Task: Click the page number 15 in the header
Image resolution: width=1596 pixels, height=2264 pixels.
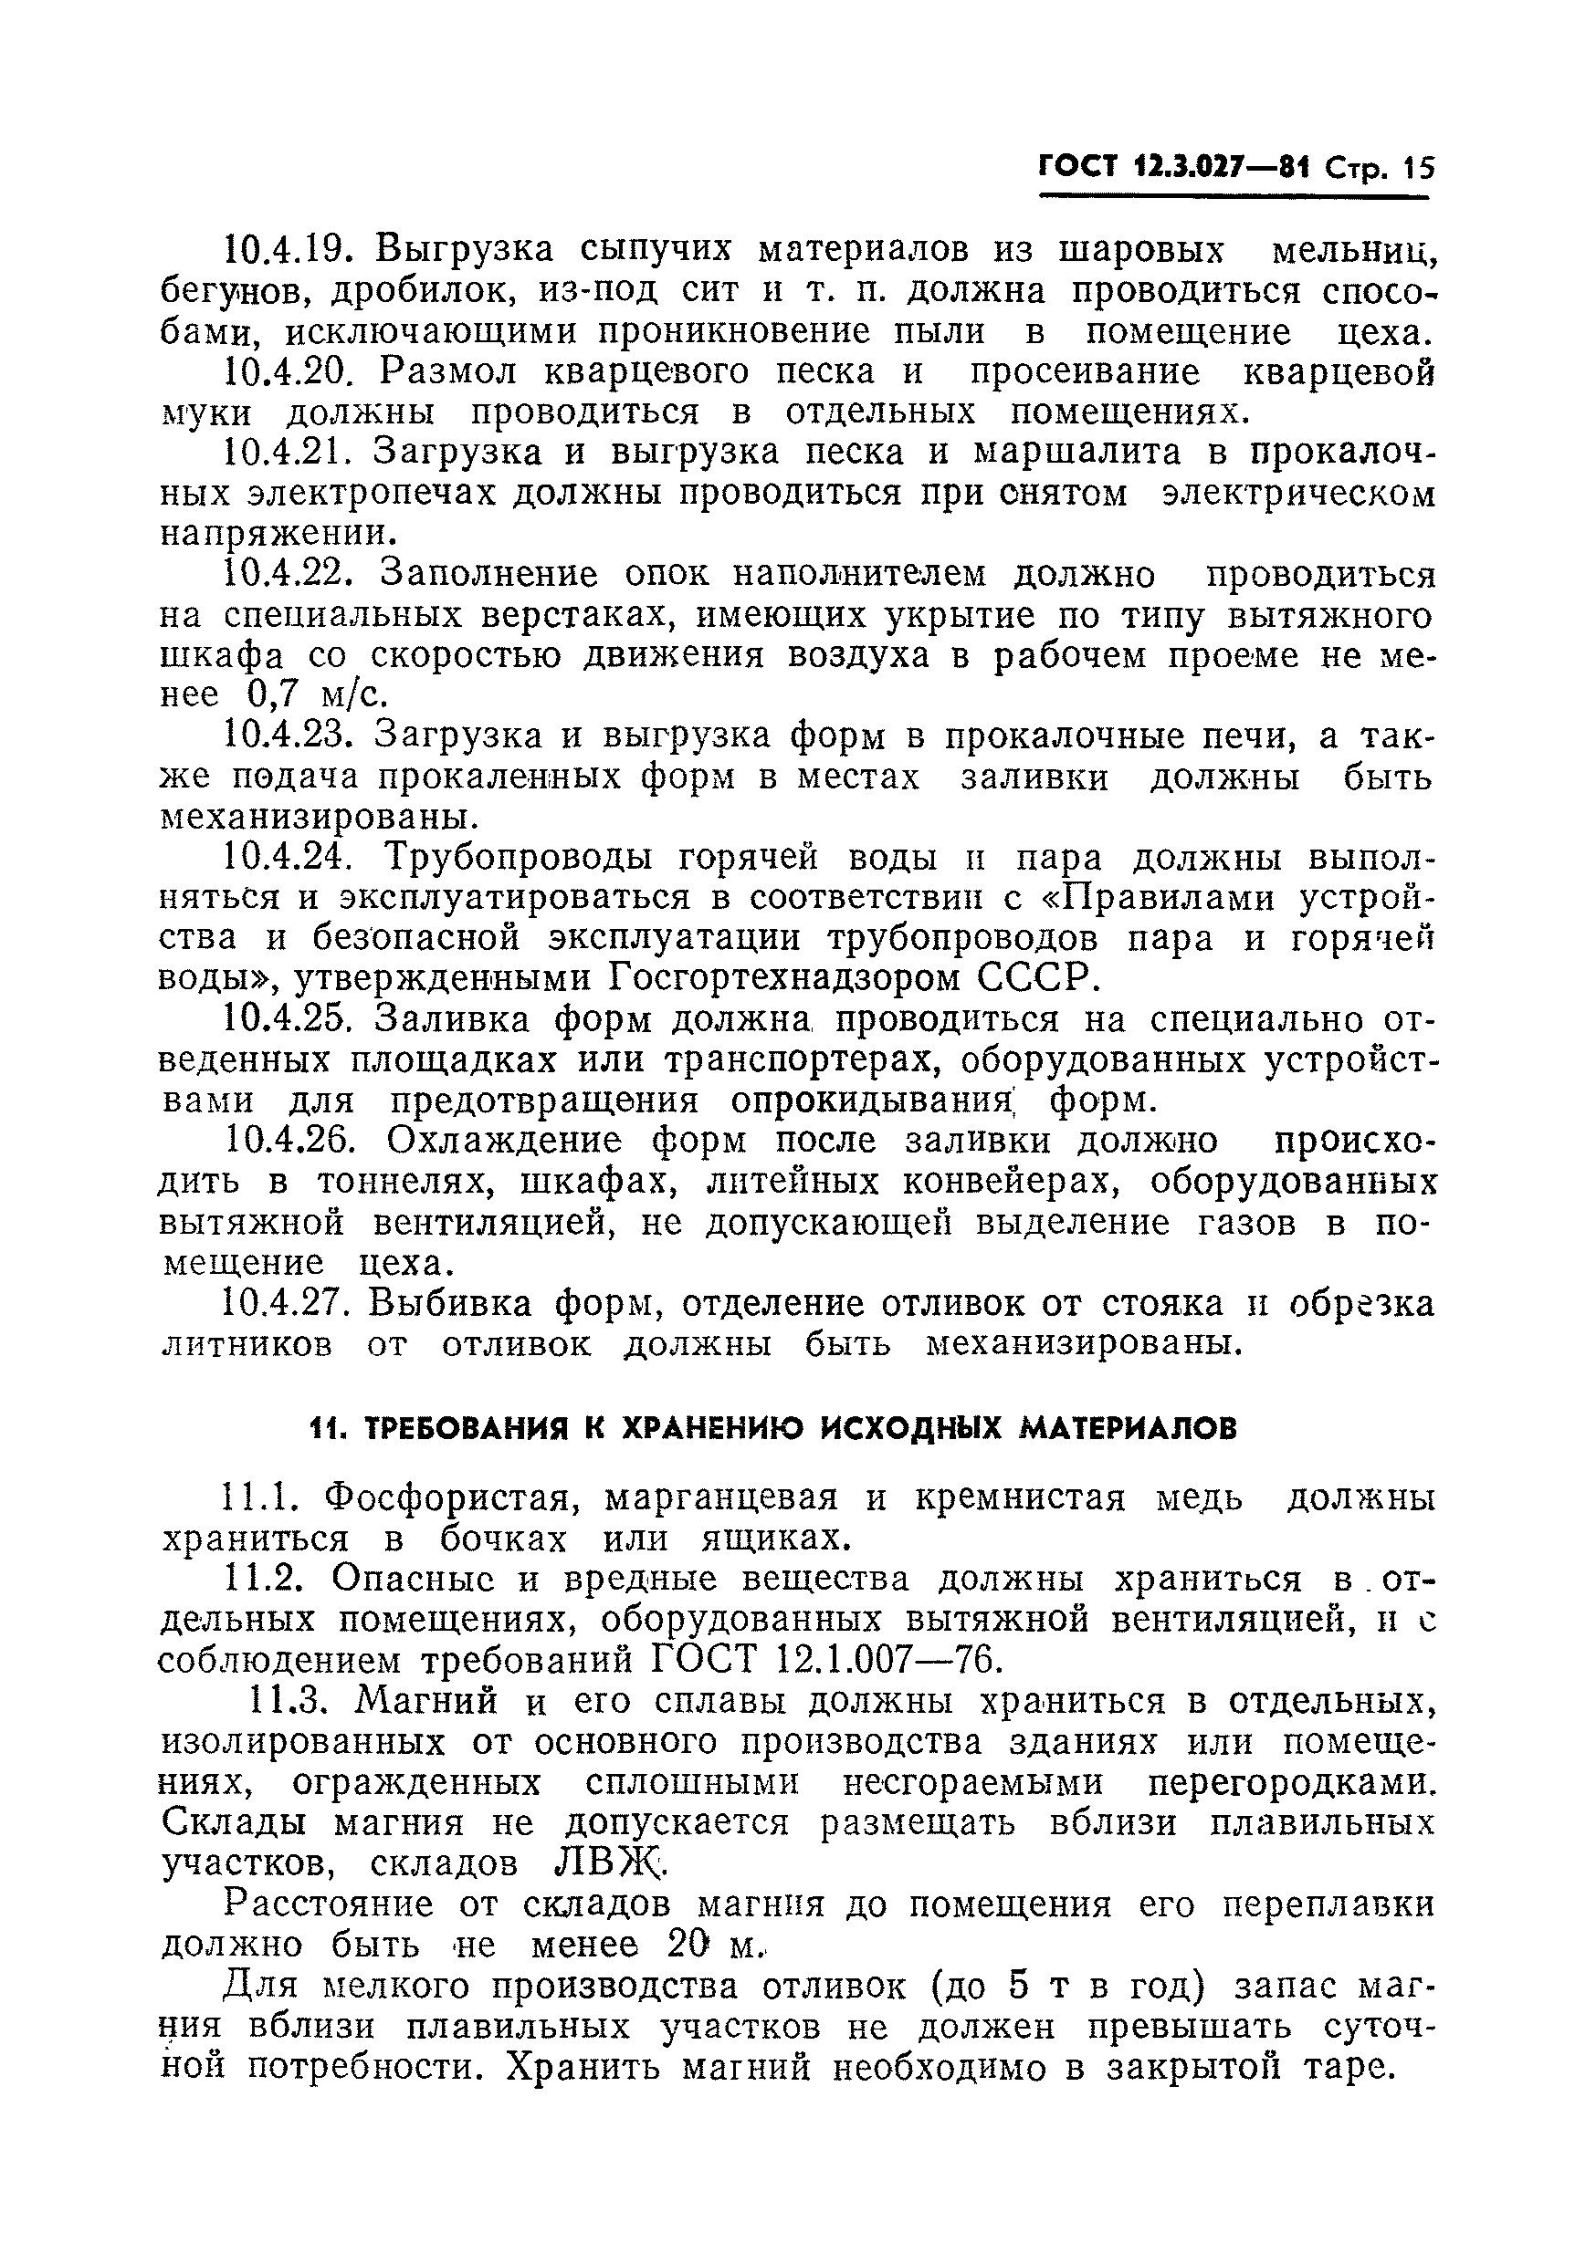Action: pyautogui.click(x=1416, y=168)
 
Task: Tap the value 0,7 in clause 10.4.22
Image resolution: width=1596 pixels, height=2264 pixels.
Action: pyautogui.click(x=271, y=695)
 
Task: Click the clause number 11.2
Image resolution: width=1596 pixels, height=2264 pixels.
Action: pyautogui.click(x=262, y=1580)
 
